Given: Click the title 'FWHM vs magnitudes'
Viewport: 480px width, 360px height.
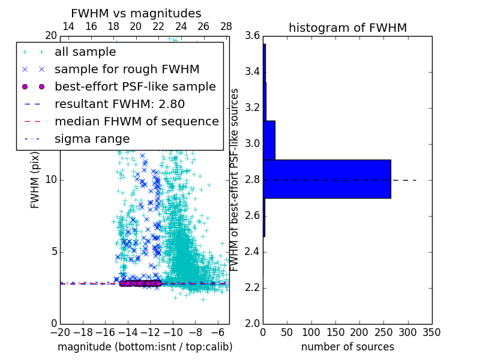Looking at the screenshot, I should [x=136, y=13].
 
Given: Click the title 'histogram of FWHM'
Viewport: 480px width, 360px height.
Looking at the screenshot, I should [x=347, y=28].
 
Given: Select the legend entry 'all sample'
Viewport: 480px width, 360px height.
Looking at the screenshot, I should [x=85, y=52].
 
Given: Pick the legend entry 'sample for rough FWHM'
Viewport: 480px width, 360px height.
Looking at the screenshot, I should [x=127, y=70].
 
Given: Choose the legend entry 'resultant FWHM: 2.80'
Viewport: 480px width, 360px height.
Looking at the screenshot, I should [x=119, y=104].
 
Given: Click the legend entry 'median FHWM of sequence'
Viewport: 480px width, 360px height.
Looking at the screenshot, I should [x=136, y=121].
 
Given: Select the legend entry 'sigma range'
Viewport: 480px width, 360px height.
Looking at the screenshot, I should [x=92, y=139].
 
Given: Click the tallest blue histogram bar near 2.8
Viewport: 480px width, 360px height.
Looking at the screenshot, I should [x=327, y=179].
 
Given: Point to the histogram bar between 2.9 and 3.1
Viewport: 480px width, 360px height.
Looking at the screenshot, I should [x=269, y=140].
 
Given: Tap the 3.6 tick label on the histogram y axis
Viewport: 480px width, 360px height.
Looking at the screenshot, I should [x=253, y=36].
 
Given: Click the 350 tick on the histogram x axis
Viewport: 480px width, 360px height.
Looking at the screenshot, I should [x=431, y=332].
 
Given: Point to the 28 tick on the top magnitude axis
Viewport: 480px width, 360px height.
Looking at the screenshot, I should [x=226, y=26].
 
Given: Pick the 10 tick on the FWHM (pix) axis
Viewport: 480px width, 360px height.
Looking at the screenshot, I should [x=51, y=179].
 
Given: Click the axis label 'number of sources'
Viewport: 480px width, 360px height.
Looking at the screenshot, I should [x=347, y=347].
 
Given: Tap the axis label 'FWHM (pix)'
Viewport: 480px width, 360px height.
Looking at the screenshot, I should [x=35, y=180].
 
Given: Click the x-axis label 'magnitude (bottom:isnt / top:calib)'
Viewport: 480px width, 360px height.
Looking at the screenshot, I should [x=145, y=347].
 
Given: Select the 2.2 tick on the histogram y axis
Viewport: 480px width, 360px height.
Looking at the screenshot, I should [x=253, y=287].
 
